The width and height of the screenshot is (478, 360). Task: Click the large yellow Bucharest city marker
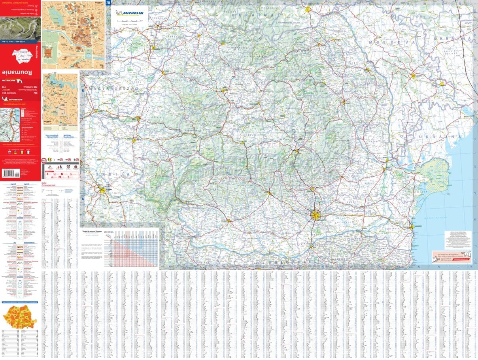point(316,215)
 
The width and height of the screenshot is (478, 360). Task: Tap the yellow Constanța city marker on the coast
point(412,227)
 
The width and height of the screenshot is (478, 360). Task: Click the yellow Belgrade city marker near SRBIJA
point(102,190)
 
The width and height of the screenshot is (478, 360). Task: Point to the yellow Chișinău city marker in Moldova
point(414,75)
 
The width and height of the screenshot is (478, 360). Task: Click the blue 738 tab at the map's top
point(108,3)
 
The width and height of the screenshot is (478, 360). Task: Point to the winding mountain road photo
point(20,28)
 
